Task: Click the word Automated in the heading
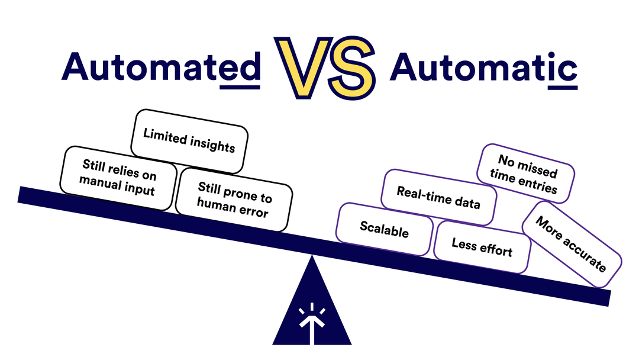click(x=160, y=67)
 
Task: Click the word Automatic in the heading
click(x=483, y=67)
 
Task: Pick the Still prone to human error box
click(x=234, y=199)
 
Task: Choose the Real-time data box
click(x=438, y=197)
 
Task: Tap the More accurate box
click(x=571, y=244)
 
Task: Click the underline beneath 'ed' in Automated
click(x=240, y=87)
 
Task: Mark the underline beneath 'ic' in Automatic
click(x=562, y=88)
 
